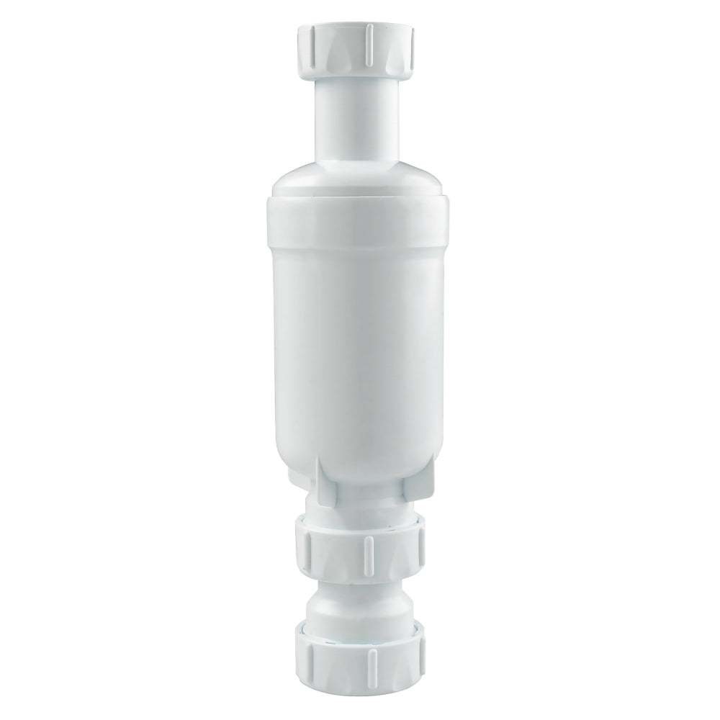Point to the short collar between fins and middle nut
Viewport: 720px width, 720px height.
click(360, 508)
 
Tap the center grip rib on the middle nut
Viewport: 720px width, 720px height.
click(366, 551)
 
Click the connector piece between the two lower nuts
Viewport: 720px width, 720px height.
click(360, 605)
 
